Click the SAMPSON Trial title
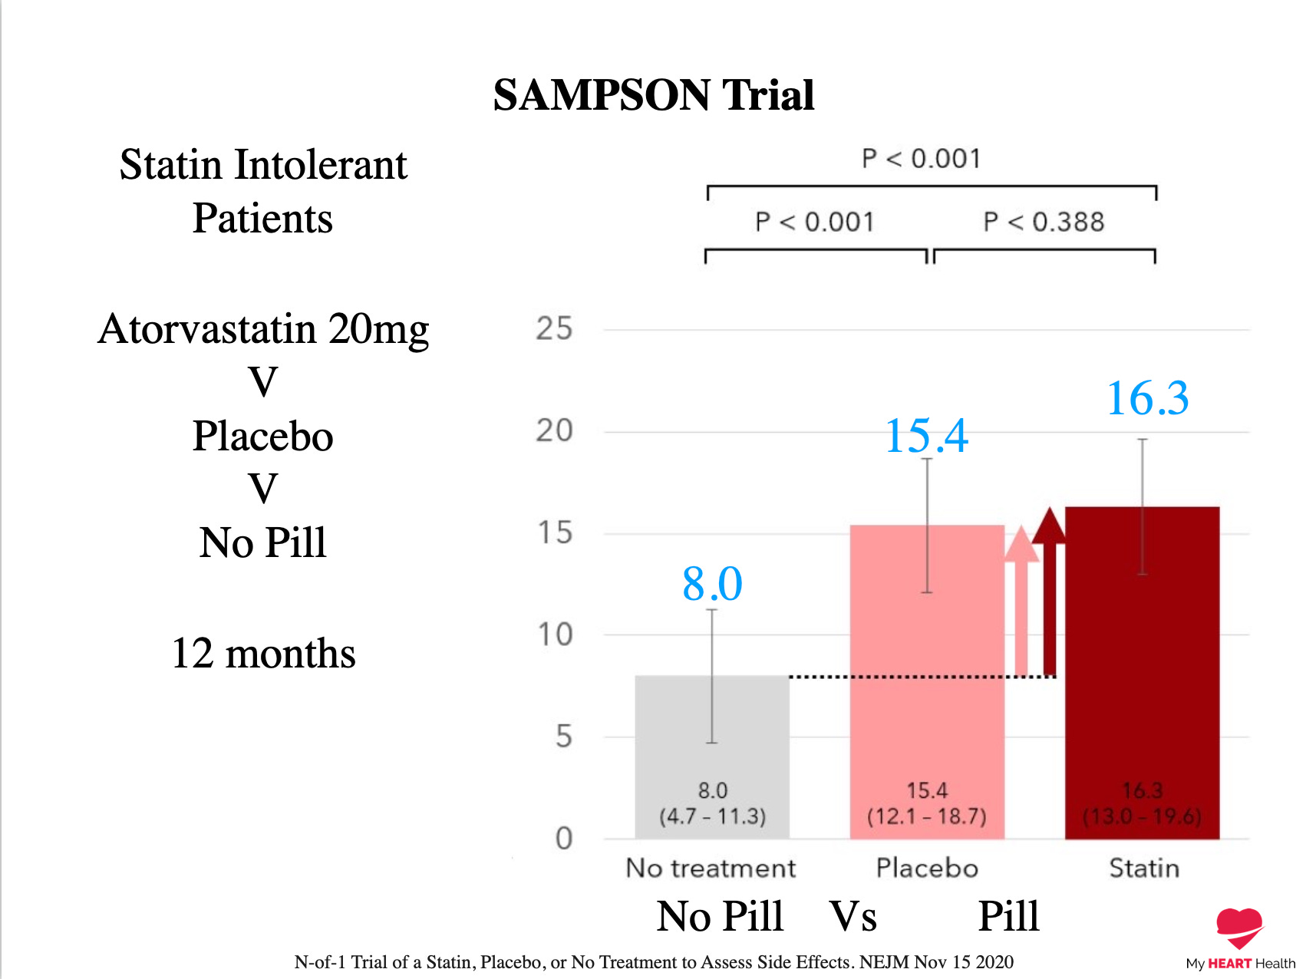[x=653, y=95]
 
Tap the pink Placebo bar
[x=926, y=691]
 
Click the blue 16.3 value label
[x=1147, y=398]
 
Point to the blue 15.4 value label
[x=926, y=436]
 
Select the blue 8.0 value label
[x=712, y=584]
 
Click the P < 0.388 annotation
[x=1044, y=222]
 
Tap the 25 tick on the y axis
[x=554, y=329]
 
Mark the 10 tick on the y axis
[x=554, y=635]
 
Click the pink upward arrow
[x=1021, y=598]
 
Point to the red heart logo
[x=1238, y=927]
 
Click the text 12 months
[x=263, y=654]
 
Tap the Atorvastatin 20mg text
[x=263, y=329]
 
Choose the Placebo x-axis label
[x=927, y=868]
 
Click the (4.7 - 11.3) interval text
[x=712, y=816]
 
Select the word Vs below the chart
[x=853, y=916]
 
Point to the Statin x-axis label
[x=1143, y=868]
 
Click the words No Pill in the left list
[x=263, y=542]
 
